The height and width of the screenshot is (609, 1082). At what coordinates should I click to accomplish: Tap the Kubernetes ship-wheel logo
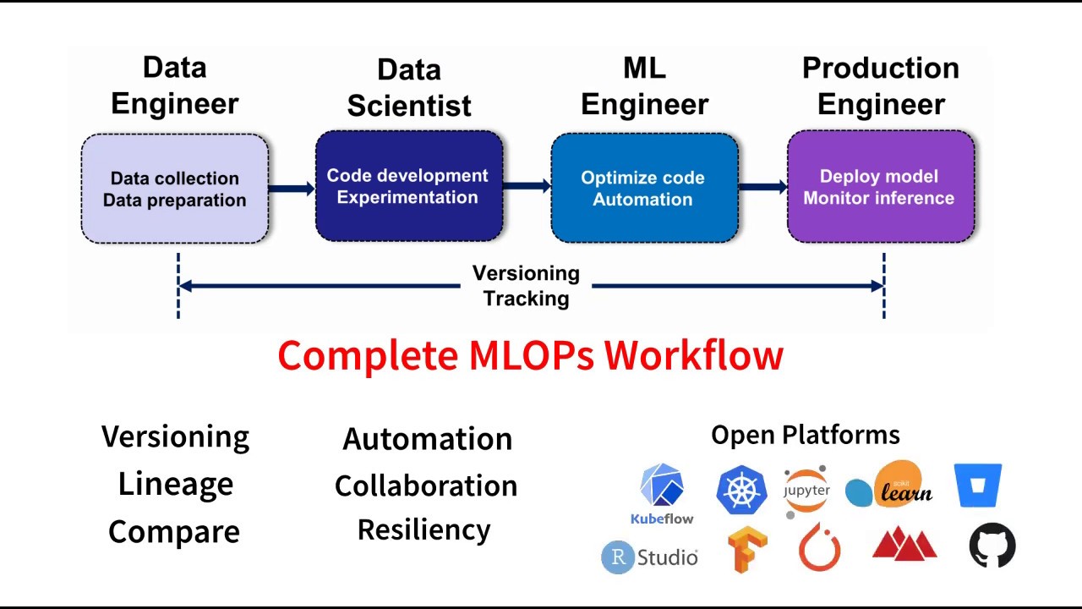click(740, 490)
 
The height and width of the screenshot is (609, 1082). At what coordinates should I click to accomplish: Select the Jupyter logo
click(806, 491)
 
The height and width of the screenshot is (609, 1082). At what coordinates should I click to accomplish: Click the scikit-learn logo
click(889, 485)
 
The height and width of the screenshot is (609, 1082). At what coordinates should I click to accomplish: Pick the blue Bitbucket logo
click(978, 486)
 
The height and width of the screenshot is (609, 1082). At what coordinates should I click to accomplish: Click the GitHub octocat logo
click(992, 546)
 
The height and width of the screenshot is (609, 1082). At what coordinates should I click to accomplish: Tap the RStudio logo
click(649, 557)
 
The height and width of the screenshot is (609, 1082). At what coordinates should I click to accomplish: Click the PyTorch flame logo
click(819, 546)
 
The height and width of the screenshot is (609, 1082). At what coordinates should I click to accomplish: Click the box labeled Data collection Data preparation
click(175, 189)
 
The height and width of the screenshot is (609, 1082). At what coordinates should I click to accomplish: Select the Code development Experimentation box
click(408, 186)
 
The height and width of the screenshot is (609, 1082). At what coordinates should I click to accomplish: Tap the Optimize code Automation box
click(643, 188)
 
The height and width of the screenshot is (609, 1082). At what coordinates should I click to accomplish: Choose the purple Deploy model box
click(880, 187)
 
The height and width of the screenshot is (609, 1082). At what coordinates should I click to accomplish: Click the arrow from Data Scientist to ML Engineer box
click(527, 186)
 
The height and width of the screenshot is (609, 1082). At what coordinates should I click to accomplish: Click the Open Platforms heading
click(805, 435)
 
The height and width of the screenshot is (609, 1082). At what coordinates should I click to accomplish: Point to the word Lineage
click(175, 484)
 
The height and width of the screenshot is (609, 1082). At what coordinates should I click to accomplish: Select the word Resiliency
click(424, 529)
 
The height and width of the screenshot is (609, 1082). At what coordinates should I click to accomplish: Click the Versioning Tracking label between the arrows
click(526, 286)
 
